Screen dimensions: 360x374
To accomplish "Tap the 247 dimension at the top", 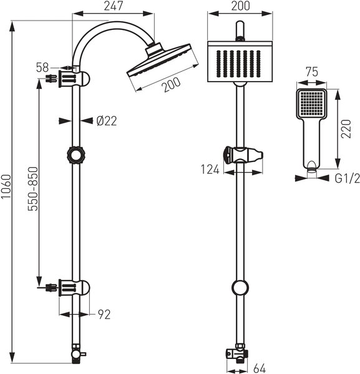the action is click(x=114, y=6).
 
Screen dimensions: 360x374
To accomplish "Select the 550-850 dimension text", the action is click(x=33, y=189).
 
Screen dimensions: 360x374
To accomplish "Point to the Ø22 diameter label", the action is click(x=107, y=121).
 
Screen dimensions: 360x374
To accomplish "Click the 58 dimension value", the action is click(x=42, y=67).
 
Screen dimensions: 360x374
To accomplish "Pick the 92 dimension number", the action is click(x=104, y=314).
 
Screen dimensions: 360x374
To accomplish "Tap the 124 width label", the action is click(x=210, y=170).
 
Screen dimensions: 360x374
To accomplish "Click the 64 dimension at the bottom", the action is click(x=260, y=368).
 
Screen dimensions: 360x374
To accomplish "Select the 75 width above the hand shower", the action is click(x=312, y=72).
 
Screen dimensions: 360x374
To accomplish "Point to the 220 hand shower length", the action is click(x=346, y=129).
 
